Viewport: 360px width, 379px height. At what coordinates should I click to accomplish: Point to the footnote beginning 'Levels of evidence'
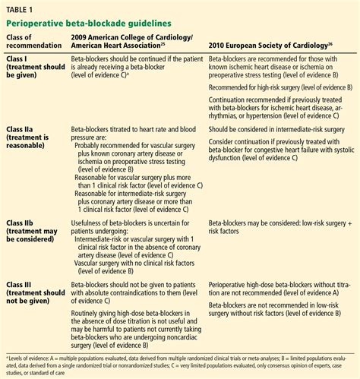tap(179, 360)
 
